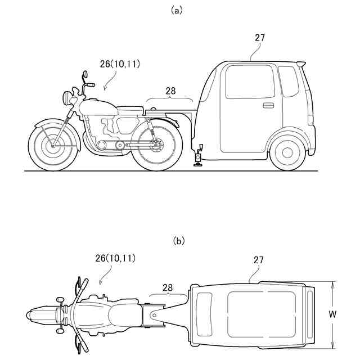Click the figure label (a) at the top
(179, 10)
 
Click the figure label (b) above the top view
(179, 241)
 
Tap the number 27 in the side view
(259, 38)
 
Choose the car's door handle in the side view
(268, 105)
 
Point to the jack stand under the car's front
(199, 156)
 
